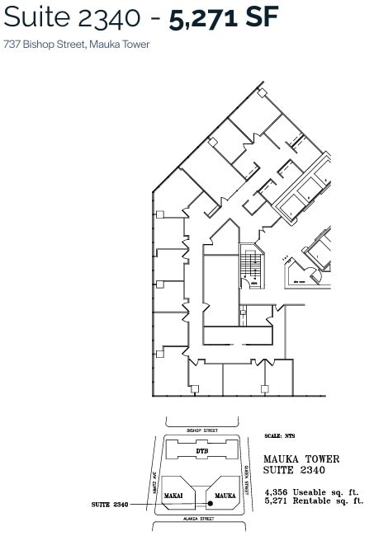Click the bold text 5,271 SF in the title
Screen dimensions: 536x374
[224, 18]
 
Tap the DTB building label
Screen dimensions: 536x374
[201, 451]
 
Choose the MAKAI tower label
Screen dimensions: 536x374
[173, 495]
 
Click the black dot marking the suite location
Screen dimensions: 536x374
[200, 502]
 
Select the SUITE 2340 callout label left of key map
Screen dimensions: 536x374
[110, 503]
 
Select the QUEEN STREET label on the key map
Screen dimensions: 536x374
[246, 476]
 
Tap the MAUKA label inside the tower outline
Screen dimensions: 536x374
[225, 495]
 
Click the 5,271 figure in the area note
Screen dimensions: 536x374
[277, 500]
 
